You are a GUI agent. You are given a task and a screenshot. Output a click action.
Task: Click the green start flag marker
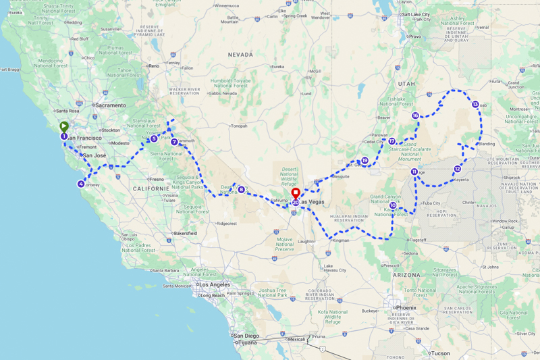63,126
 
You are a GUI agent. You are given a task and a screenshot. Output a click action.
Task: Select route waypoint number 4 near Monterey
81,184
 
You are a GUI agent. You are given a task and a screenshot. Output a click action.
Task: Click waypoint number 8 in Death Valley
241,189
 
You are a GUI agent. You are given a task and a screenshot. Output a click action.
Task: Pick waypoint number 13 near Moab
475,105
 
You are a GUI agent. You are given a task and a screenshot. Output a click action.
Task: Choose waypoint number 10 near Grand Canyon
393,205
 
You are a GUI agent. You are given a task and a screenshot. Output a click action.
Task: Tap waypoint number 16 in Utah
416,115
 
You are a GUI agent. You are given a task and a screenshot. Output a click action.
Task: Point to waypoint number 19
364,161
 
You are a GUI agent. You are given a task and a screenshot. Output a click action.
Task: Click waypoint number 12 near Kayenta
458,169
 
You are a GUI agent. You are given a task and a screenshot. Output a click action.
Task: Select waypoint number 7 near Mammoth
174,142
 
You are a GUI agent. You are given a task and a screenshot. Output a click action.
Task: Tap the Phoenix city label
406,307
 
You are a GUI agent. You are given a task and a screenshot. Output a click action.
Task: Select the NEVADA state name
240,54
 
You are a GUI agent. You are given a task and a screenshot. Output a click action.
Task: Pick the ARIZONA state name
407,275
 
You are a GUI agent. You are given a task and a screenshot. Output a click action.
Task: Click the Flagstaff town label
418,240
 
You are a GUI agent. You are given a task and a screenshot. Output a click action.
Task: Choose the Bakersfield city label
184,233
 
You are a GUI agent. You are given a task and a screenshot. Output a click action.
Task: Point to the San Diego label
246,336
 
